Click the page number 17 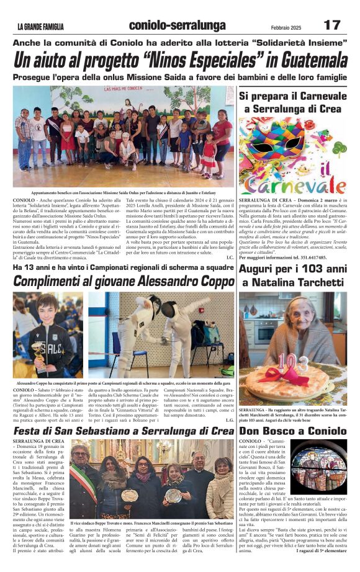tap(331, 25)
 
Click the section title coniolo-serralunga tap(177, 25)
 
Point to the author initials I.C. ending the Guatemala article tap(229, 257)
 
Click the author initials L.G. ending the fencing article tap(229, 420)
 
